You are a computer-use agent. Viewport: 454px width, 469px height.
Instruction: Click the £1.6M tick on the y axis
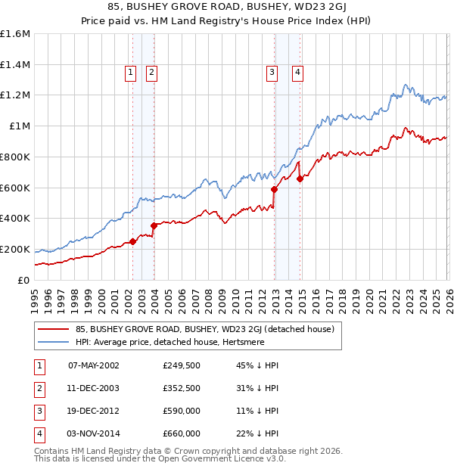pos(15,34)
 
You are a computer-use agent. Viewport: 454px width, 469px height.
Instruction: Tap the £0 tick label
pos(24,280)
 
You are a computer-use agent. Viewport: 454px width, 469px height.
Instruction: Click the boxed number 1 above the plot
pos(130,73)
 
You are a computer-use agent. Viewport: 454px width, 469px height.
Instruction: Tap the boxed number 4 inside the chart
pos(298,73)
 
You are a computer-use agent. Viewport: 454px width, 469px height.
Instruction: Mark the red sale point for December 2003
pos(154,225)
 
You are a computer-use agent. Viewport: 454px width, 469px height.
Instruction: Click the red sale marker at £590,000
pos(274,189)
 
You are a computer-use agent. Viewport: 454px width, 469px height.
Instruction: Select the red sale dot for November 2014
pos(300,179)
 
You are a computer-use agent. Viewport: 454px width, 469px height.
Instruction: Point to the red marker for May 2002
pos(132,241)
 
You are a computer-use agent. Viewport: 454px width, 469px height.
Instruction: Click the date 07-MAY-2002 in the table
pos(94,365)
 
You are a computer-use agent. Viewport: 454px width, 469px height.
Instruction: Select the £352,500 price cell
pos(182,388)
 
